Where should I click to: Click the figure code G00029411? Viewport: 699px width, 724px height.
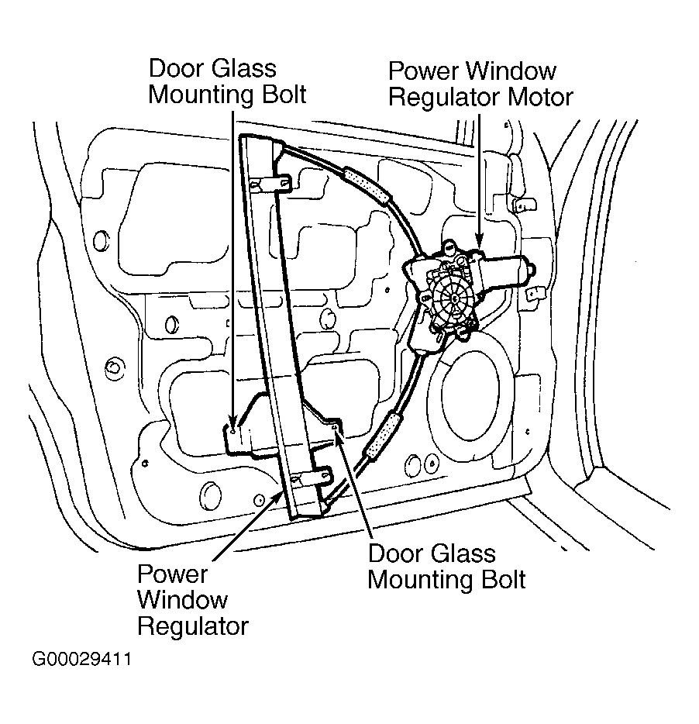point(81,659)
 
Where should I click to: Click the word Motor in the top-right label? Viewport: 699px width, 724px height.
point(540,98)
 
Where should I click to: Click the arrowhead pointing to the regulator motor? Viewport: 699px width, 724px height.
point(479,241)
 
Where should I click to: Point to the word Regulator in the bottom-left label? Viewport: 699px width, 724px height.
point(193,627)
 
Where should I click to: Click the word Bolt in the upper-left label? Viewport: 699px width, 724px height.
point(284,95)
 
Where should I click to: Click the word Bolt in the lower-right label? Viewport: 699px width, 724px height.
point(503,580)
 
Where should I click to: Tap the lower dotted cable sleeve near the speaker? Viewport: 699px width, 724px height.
point(381,436)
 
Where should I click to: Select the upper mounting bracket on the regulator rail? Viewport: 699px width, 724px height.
point(271,183)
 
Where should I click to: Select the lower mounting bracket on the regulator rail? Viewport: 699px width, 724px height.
point(312,476)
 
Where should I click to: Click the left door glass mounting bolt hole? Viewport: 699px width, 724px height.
point(233,431)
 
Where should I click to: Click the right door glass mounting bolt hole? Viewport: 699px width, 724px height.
point(336,429)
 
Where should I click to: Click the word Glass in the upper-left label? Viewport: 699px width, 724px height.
point(245,68)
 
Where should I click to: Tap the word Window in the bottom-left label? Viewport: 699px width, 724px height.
point(183,600)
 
